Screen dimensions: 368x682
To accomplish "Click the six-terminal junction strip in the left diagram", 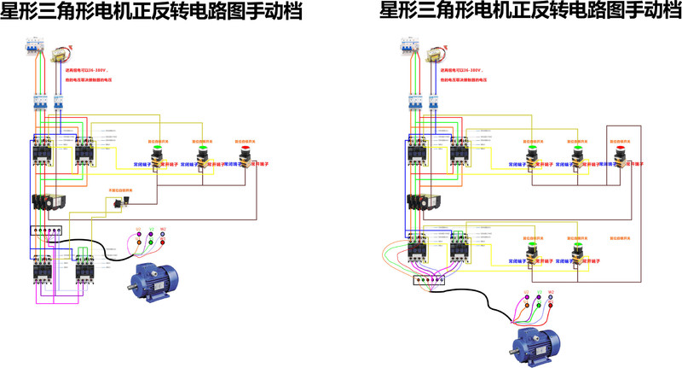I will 45,231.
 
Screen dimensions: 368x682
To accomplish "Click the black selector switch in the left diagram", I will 120,202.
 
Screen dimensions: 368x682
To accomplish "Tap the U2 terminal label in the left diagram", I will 136,231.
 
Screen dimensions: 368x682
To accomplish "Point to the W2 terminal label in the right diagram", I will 550,292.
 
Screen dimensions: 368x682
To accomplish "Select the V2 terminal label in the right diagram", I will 537,292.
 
